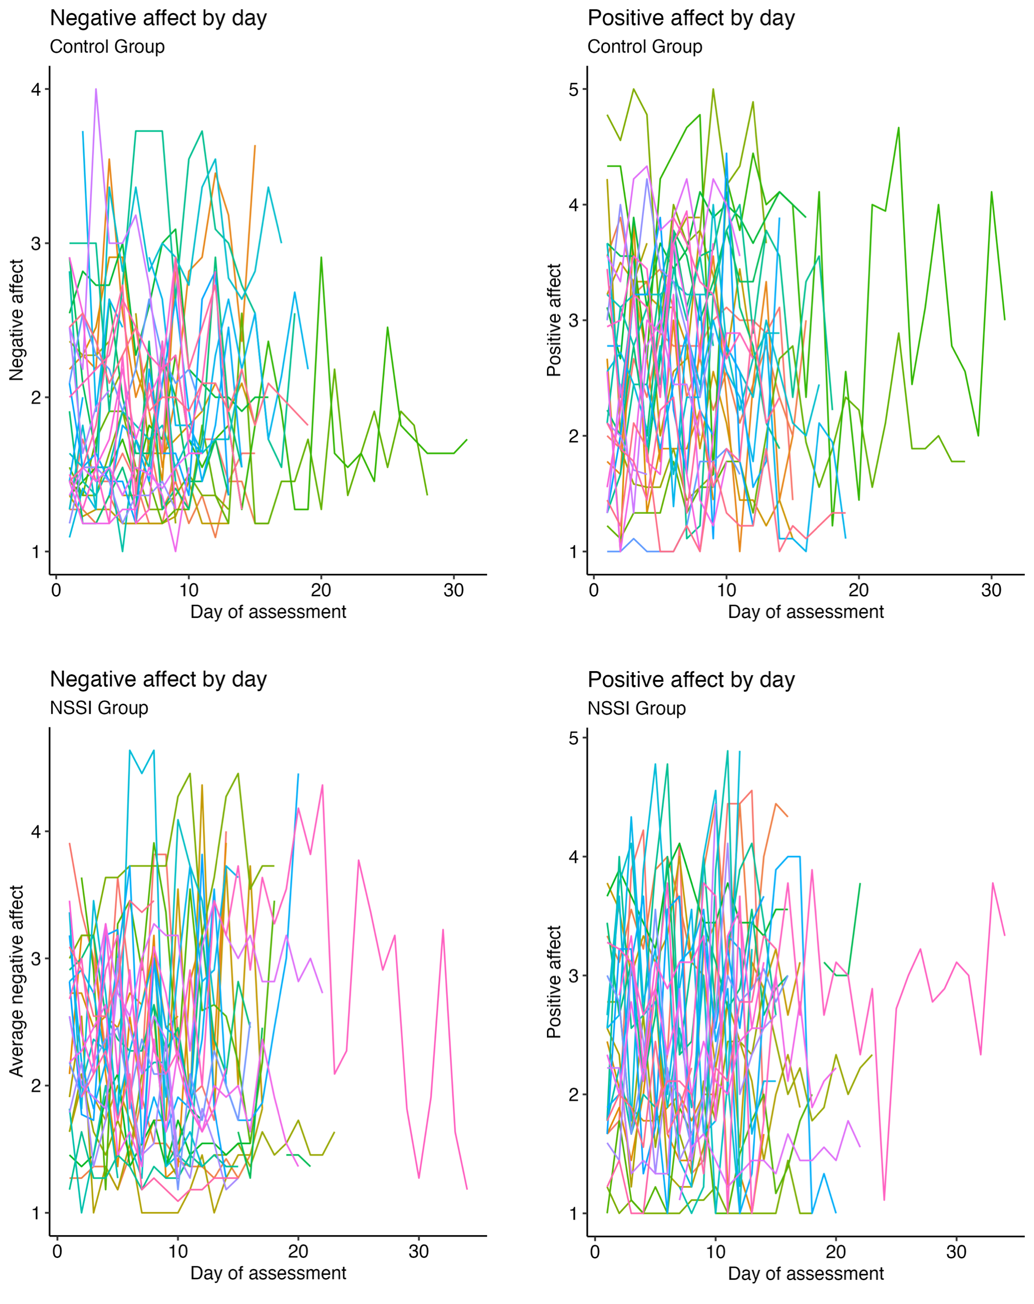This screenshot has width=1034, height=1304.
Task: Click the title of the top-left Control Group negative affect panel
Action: click(158, 18)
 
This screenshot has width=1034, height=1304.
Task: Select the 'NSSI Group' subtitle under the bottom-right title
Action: click(636, 708)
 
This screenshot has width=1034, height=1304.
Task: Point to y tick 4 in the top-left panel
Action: click(36, 90)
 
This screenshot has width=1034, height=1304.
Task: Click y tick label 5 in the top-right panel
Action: click(573, 90)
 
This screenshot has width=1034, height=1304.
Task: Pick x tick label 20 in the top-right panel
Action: click(859, 590)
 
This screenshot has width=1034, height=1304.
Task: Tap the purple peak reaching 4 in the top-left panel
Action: click(96, 90)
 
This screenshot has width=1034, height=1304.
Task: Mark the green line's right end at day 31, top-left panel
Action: click(466, 440)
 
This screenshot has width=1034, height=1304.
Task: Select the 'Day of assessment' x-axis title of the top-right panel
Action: click(805, 612)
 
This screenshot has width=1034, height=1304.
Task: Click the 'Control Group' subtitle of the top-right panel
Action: click(645, 47)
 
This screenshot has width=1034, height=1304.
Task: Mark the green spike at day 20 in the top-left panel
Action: click(321, 258)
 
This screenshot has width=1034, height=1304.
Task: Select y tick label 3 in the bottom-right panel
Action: click(573, 975)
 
